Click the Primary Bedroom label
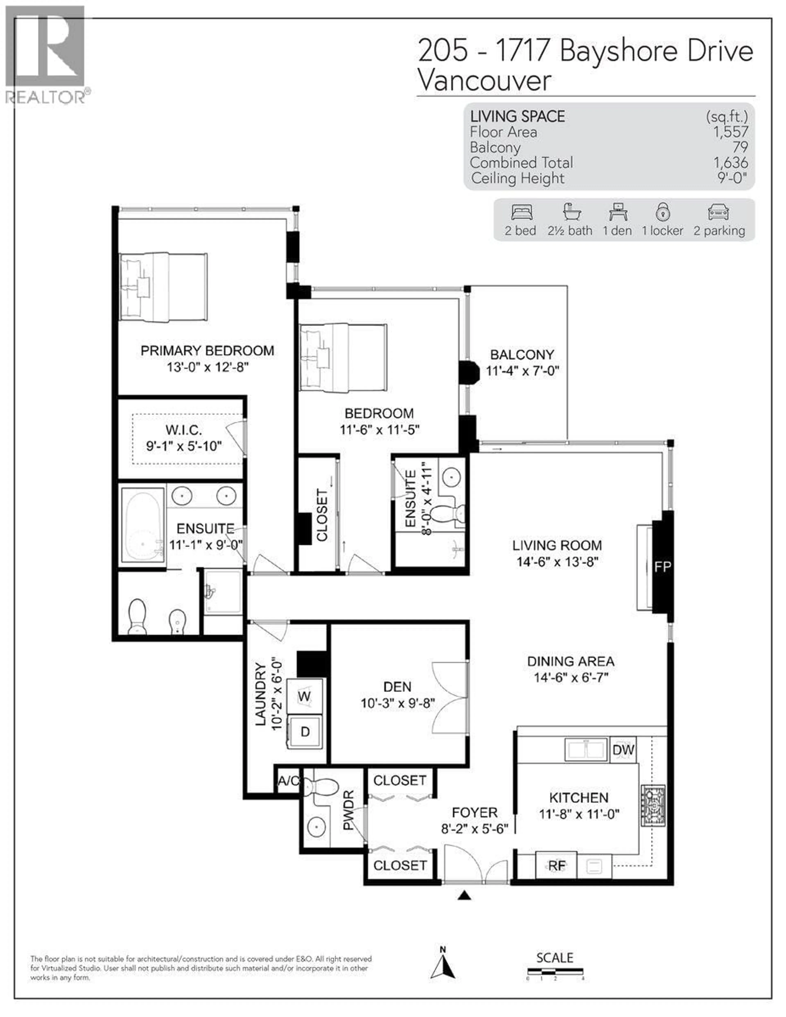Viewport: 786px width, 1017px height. coord(207,351)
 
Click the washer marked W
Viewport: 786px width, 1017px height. coord(304,697)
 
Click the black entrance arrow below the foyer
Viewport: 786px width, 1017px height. coord(464,895)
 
